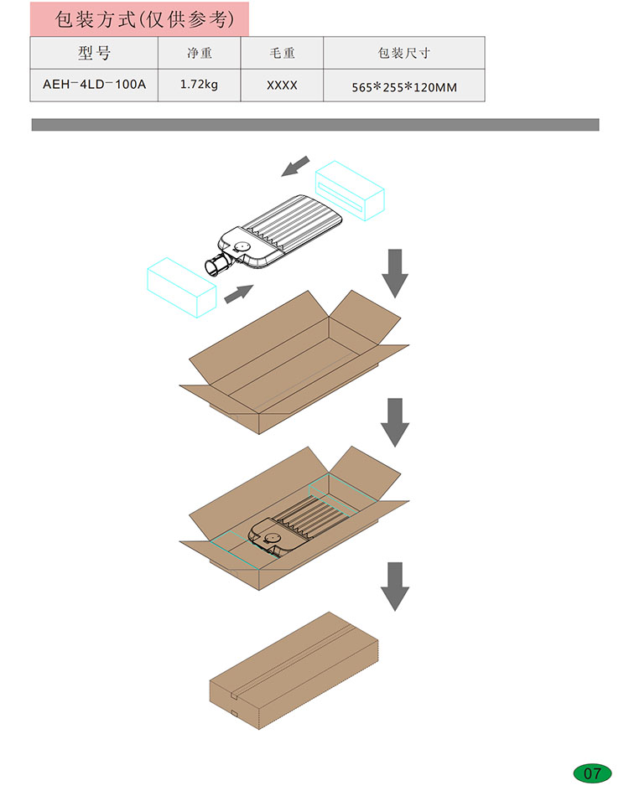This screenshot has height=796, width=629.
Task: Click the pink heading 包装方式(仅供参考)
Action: coord(145,19)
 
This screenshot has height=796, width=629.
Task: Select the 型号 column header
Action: coord(94,53)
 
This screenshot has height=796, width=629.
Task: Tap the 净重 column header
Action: coord(199,53)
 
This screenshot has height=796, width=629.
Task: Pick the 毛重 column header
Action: coord(282,53)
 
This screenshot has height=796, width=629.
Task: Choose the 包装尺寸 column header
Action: coord(404,53)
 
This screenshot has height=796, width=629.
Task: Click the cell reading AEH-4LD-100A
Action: coord(94,85)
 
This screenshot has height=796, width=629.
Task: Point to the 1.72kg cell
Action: coord(199,85)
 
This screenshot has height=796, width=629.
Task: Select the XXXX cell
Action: coord(282,85)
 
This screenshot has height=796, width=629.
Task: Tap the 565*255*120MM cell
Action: coord(404,87)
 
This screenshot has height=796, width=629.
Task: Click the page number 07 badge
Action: coord(592,773)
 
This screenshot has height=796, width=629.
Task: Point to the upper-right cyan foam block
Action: coord(350,190)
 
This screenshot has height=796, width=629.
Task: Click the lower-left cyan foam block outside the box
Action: coord(181,287)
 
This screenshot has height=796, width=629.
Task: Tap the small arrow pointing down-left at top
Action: coord(295,167)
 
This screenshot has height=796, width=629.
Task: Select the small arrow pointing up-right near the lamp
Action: coord(239,294)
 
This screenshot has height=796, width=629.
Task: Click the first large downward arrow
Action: coord(395,273)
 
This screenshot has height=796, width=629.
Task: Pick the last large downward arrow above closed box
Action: coord(395,587)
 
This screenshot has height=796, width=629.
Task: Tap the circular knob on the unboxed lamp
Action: coord(242,246)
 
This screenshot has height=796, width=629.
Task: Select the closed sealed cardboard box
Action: coord(294,670)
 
